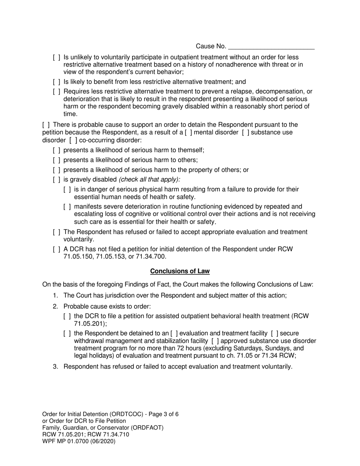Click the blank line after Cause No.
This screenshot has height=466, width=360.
point(272,47)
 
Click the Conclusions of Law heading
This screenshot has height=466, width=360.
point(180,271)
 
